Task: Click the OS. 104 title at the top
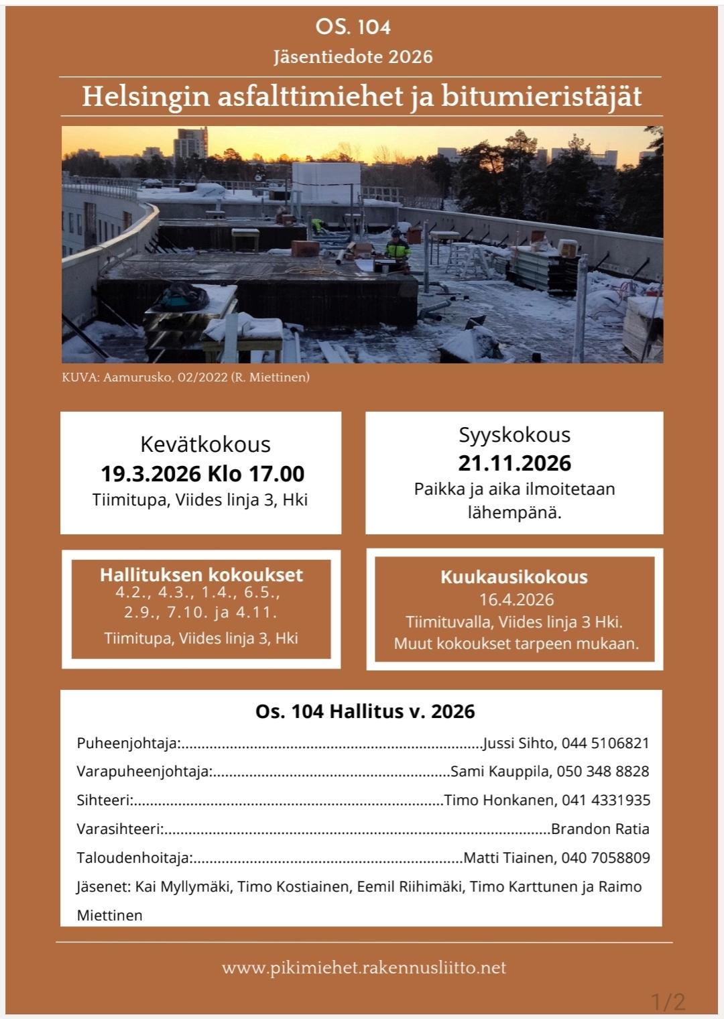353,27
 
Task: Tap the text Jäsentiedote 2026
353,57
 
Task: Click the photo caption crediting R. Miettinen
186,377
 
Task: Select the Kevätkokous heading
205,444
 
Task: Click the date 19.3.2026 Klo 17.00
202,474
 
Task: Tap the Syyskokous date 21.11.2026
514,463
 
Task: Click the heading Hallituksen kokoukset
201,575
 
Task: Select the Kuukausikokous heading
514,577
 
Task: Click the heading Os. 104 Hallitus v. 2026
365,711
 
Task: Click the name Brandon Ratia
600,829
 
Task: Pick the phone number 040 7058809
606,858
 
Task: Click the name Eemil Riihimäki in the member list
410,887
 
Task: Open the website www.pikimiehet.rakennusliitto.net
364,968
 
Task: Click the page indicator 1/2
668,1002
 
